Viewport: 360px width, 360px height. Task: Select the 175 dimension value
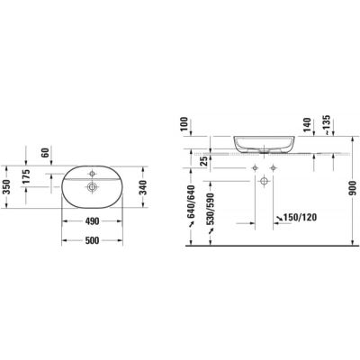tap(26, 177)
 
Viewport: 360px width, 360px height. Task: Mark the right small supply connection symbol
tap(274, 169)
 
